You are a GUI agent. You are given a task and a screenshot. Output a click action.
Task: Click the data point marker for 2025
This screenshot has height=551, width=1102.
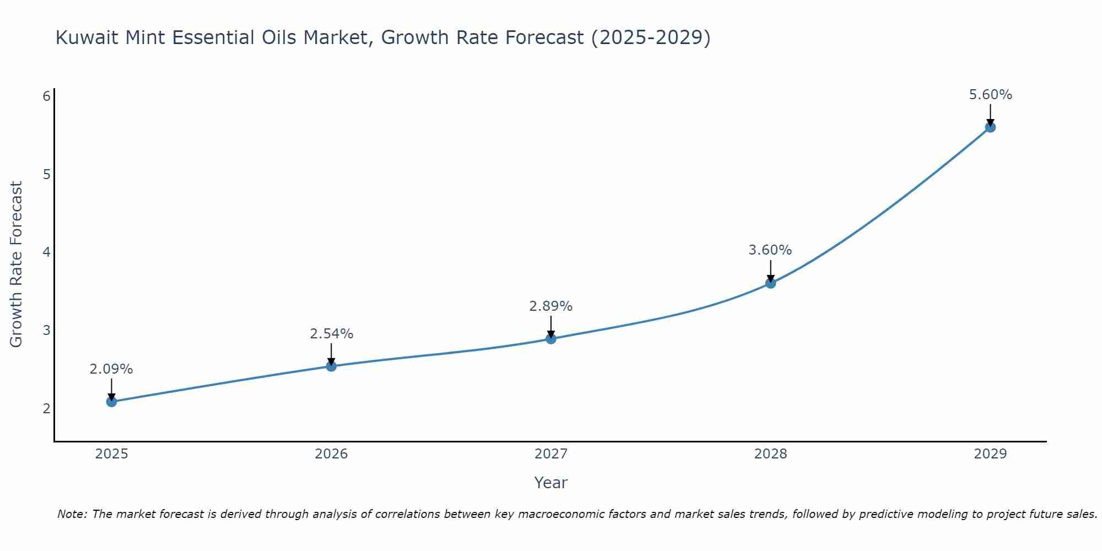coord(111,401)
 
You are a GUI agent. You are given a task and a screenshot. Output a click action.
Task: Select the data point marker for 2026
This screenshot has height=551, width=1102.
coord(331,366)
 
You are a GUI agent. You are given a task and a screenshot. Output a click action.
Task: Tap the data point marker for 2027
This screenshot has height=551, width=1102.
coord(551,338)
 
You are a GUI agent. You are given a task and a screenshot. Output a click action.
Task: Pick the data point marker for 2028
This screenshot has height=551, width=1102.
coord(770,283)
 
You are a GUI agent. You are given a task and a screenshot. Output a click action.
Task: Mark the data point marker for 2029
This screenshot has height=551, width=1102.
coord(990,127)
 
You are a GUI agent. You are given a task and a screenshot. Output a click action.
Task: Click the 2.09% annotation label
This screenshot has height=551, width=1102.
coord(111,369)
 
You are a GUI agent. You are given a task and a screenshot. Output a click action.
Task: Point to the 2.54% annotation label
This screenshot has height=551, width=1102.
coord(331,334)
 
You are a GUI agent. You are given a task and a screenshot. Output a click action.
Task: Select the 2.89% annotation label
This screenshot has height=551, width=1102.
coord(551,306)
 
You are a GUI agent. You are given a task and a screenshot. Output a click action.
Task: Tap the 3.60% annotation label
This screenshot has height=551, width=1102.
coord(770,250)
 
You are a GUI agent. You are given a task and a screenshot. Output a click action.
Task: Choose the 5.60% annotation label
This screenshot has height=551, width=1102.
coord(990,95)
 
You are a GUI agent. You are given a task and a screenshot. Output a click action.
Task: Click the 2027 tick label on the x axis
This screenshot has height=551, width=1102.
coord(551,454)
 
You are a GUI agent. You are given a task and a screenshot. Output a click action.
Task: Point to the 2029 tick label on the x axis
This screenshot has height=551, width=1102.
coord(990,454)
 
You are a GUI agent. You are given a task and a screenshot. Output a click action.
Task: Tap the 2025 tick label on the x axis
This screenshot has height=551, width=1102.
coord(111,454)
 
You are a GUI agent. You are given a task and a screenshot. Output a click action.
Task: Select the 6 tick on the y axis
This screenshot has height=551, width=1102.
coord(46,96)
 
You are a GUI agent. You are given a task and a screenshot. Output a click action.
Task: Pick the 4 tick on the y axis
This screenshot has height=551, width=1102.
coord(46,252)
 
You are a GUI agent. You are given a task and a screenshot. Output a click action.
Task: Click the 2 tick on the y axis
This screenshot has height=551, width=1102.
coord(46,408)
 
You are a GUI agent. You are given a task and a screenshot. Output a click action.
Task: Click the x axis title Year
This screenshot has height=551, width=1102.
coord(551,483)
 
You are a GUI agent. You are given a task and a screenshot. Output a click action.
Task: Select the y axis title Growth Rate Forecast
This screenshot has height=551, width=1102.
coord(17,264)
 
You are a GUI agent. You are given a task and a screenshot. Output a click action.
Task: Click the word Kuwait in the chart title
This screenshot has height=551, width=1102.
coord(88,37)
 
